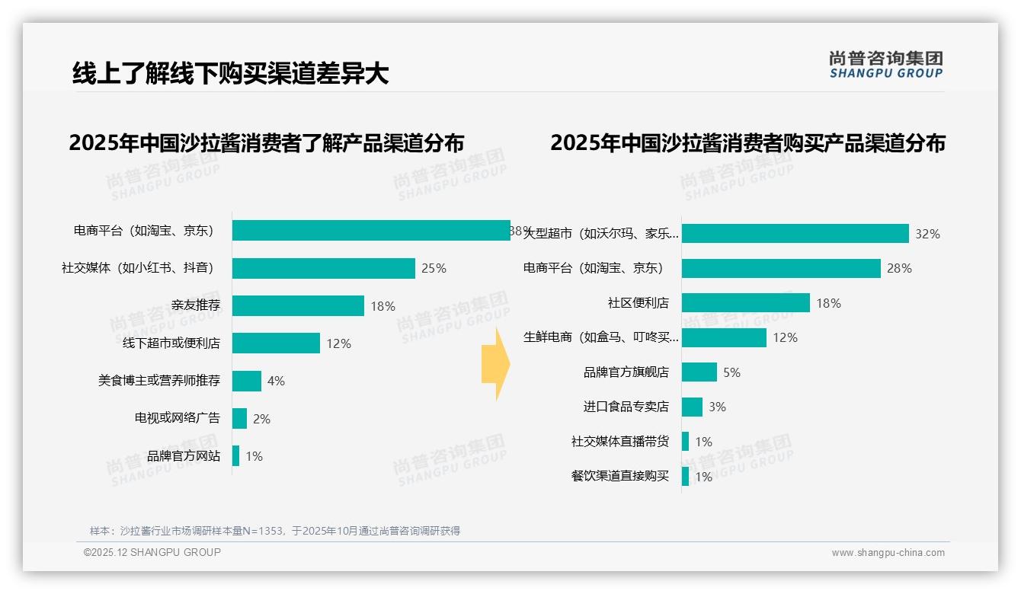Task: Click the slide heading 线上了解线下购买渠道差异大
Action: pos(230,73)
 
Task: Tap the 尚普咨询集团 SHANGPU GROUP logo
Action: pos(886,65)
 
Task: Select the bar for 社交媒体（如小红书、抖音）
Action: pos(324,268)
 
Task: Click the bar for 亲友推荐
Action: pos(298,305)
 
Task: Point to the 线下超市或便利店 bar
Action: pos(276,343)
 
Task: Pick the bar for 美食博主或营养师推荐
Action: pos(247,381)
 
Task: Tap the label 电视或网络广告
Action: pos(177,418)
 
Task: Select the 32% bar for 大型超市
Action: pos(795,234)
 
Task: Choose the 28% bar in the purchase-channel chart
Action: pos(781,268)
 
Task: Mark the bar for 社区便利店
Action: pos(745,303)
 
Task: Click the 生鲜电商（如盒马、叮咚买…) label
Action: pos(601,337)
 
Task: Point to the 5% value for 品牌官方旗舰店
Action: pos(731,372)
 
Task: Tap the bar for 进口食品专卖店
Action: pos(692,407)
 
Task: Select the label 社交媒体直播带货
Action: pos(619,442)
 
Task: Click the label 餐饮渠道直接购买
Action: pos(619,477)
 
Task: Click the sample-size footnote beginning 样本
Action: pos(275,531)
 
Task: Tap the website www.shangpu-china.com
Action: pos(888,553)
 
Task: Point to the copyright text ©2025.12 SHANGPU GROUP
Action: pos(152,553)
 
